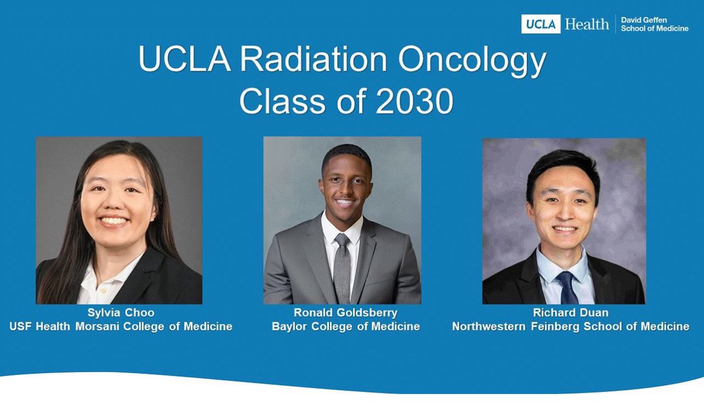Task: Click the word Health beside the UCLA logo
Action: pos(587,24)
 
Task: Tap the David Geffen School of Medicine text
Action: pos(654,24)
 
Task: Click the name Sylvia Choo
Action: pos(121,313)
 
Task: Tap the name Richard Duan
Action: pos(570,313)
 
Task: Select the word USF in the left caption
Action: pos(21,326)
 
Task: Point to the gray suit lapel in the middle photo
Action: pos(370,258)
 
